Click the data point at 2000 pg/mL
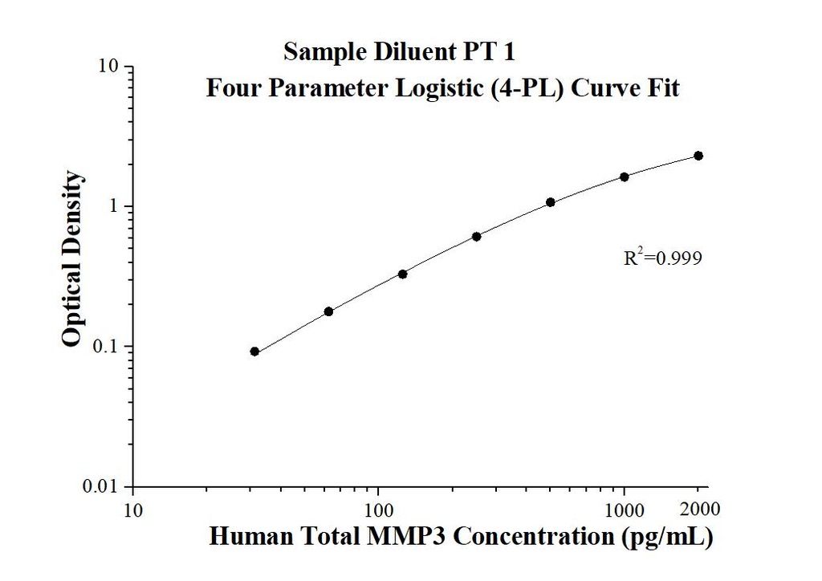698,156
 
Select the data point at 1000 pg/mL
625,177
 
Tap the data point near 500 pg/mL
551,202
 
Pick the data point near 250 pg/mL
477,236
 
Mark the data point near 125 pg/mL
403,274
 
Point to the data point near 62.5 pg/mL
328,311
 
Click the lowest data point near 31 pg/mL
254,351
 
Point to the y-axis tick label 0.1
107,347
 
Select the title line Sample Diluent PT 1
399,52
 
